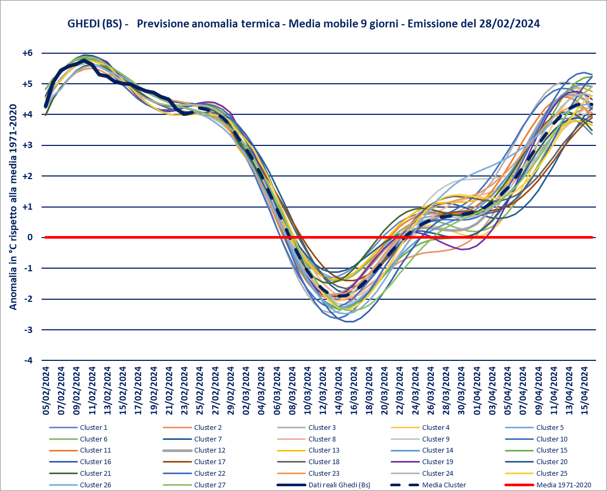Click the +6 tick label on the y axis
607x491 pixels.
(27, 53)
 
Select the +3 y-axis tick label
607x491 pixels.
(27, 145)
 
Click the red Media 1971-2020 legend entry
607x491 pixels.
(562, 485)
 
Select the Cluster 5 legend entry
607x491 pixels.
(550, 427)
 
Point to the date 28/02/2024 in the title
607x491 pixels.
(509, 24)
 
